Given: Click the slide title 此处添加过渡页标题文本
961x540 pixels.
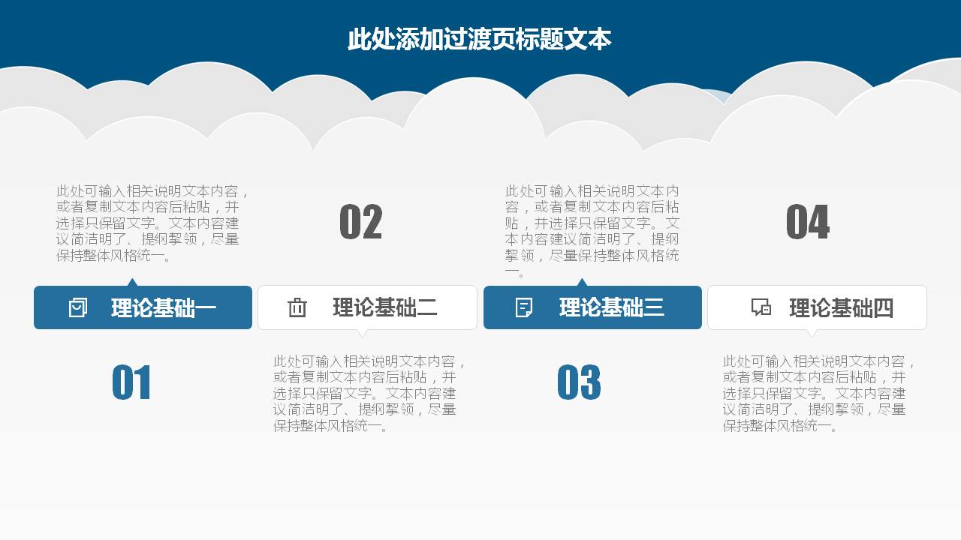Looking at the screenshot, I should coord(479,39).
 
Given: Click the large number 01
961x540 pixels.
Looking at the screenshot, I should coord(131,382).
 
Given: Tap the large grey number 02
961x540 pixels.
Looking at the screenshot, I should coord(361,223).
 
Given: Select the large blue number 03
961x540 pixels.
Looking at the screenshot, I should coord(579,382).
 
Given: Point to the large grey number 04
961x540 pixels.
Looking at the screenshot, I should coord(808,223).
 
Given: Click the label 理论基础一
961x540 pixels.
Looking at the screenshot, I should coord(164,308).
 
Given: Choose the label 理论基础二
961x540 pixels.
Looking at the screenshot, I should coord(385,307).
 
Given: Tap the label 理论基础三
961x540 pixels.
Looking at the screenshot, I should coord(612,307).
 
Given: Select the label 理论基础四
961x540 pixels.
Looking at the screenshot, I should coord(841,308).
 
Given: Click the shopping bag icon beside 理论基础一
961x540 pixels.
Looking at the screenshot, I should coord(78,307).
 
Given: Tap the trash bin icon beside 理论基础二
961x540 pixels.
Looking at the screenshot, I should coord(297,307).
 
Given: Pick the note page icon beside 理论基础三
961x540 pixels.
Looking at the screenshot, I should coord(524,307).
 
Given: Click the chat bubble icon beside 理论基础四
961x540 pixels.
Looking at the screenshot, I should coord(761,307).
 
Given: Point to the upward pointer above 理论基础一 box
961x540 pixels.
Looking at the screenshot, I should coord(133,283).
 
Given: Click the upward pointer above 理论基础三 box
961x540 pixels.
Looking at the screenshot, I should coord(582,283).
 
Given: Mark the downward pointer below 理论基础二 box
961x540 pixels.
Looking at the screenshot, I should coord(363,332).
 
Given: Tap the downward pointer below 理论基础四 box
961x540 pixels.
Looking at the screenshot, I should coord(811,332).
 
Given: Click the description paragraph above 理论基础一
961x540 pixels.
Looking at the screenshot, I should coord(150,223).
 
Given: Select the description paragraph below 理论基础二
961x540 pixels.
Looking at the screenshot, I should coord(368,394).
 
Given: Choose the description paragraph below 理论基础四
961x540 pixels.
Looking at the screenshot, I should coord(818,394).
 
